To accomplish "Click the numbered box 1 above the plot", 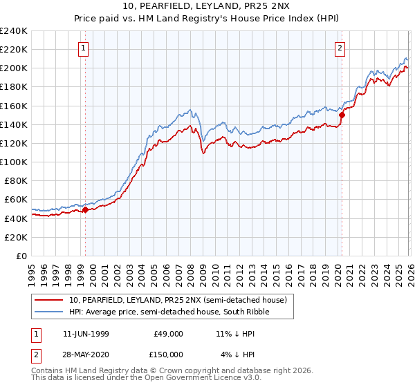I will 83,48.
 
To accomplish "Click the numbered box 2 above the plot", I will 340,48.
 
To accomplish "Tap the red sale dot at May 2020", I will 342,115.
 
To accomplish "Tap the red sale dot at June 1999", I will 86,210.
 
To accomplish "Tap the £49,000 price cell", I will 168,333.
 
